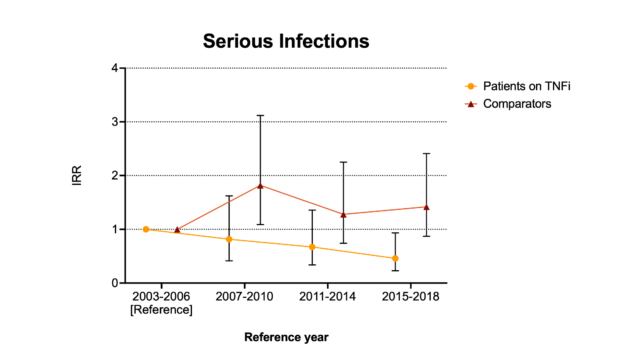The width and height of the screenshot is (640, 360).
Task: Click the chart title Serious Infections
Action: pyautogui.click(x=286, y=41)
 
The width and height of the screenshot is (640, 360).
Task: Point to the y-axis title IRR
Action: pyautogui.click(x=77, y=175)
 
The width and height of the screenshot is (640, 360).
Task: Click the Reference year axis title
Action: pyautogui.click(x=286, y=337)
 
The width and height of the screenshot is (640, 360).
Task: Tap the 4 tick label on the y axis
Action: pyautogui.click(x=115, y=68)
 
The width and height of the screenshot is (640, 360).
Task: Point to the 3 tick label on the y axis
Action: pyautogui.click(x=115, y=122)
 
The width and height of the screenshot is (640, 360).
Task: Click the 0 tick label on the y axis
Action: pyautogui.click(x=115, y=283)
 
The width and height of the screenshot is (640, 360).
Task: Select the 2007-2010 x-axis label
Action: pyautogui.click(x=244, y=297)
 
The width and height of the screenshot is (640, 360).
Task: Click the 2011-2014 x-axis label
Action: pyautogui.click(x=327, y=297)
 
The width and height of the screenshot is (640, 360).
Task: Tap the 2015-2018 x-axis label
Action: pyautogui.click(x=411, y=297)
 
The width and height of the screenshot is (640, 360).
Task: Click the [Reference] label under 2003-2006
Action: pyautogui.click(x=161, y=310)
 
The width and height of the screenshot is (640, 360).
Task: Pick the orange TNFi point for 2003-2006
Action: pyautogui.click(x=146, y=229)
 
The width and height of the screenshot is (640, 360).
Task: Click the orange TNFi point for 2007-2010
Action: pyautogui.click(x=229, y=239)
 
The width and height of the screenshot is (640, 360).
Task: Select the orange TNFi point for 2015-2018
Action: pyautogui.click(x=395, y=258)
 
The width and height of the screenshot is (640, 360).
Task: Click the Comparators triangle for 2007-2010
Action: pyautogui.click(x=260, y=186)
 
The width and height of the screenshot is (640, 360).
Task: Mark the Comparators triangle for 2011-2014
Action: pyautogui.click(x=343, y=215)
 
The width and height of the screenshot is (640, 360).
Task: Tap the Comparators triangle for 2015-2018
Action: pyautogui.click(x=426, y=207)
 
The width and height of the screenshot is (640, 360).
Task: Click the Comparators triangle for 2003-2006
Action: pyautogui.click(x=177, y=230)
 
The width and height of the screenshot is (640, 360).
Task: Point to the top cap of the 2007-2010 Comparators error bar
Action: pyautogui.click(x=260, y=115)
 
